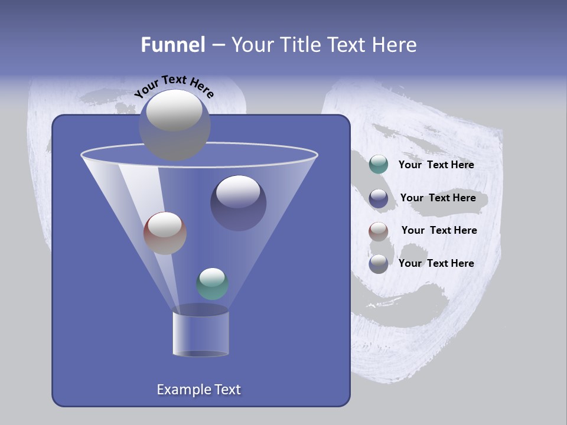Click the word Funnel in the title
click(173, 44)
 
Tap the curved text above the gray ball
click(174, 86)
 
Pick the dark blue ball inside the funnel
click(238, 204)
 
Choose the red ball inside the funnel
click(165, 233)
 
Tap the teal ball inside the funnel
click(212, 284)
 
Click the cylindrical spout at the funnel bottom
click(201, 334)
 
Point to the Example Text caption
click(199, 390)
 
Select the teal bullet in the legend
click(379, 165)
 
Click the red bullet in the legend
click(379, 231)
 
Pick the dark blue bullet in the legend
click(379, 198)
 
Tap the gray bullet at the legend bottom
click(379, 264)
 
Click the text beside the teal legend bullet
click(436, 165)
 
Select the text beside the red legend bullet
click(439, 230)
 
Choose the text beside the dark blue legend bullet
click(438, 198)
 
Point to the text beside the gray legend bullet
click(436, 263)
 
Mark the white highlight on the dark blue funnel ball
click(238, 192)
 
